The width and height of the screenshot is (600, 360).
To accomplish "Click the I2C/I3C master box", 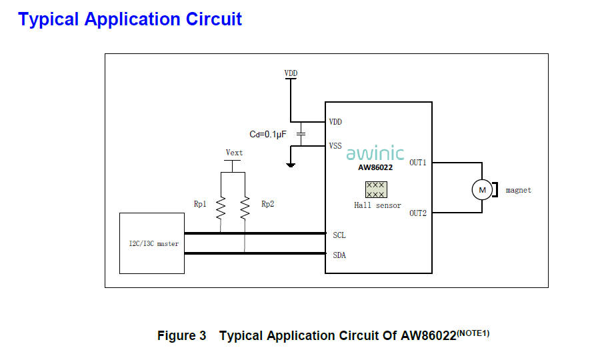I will coord(151,243).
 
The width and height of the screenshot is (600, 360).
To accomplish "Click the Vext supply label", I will coord(234,153).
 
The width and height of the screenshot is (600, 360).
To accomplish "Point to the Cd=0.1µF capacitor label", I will coord(268,134).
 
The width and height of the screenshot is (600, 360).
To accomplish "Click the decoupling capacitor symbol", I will coord(301,134).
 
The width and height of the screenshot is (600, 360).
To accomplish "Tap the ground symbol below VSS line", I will coord(291,164).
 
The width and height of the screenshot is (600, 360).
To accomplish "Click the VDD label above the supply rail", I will coord(291,73).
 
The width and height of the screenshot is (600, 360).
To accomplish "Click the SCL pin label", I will coord(339,235).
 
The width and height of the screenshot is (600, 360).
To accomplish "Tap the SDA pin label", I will coord(339,255).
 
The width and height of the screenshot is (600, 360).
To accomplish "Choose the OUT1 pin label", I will coord(418,163).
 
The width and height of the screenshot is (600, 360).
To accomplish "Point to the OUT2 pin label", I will coord(418,213).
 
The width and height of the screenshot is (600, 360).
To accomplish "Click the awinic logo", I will coord(375,153).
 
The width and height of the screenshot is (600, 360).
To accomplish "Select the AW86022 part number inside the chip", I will coord(375,168).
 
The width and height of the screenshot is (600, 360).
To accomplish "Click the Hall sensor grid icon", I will coord(376,189).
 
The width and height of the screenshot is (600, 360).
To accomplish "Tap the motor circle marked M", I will coord(481,190).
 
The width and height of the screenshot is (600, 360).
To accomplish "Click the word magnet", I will coord(519,190).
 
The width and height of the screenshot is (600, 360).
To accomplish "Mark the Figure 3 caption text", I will coord(323,335).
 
